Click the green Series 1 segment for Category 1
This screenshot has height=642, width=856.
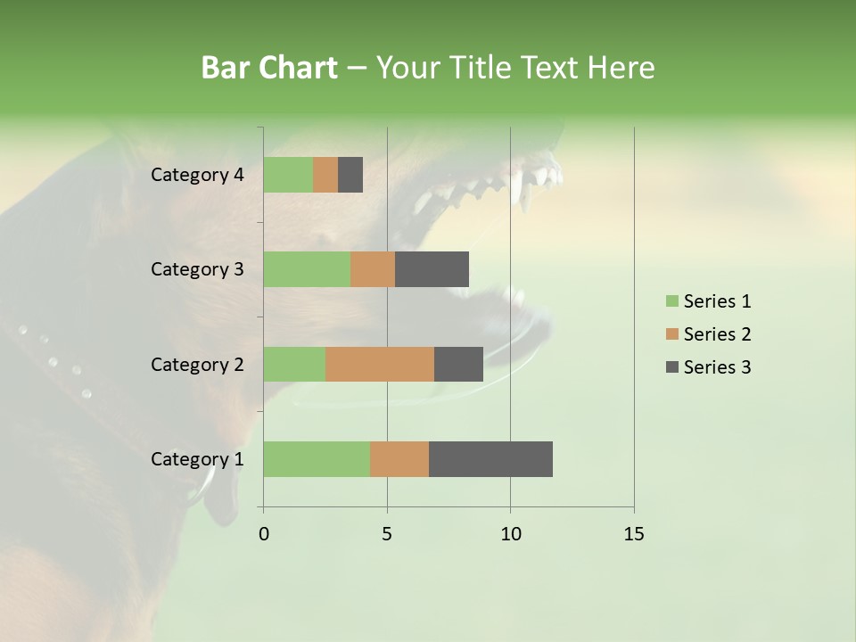coord(317,459)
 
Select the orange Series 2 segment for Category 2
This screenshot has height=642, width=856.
coord(380,364)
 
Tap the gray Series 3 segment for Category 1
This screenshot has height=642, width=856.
coord(490,459)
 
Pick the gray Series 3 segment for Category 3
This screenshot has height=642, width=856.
coord(432,269)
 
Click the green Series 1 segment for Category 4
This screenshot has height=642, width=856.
coord(288,175)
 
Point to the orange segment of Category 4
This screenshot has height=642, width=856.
coord(325,175)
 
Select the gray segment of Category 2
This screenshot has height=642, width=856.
coord(458,364)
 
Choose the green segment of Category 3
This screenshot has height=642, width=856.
coord(307,269)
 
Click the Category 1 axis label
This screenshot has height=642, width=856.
coord(197,459)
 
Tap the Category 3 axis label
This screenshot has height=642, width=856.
coord(197,269)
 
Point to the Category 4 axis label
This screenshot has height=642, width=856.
coord(197,175)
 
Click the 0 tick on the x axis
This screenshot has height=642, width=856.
coord(264,534)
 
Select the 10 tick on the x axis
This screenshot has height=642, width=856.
coord(510,534)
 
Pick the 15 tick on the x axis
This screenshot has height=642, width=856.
coord(634,534)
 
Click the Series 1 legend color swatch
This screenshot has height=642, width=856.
coord(671,301)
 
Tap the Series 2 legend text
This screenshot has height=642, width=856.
coord(717,334)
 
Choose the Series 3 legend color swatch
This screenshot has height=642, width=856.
coord(671,367)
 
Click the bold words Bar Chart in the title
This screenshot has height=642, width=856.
coord(269,68)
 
